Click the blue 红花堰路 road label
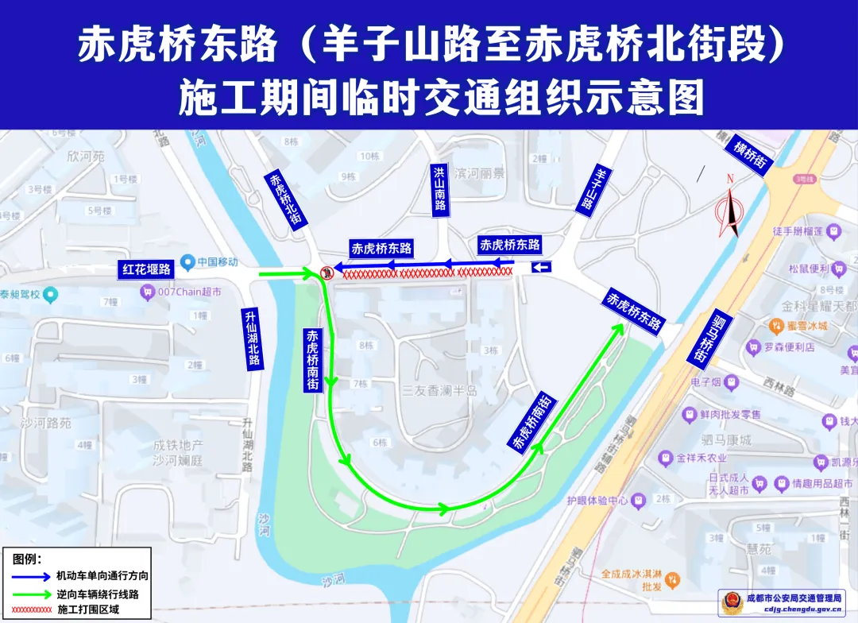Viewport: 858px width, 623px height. [x=146, y=269]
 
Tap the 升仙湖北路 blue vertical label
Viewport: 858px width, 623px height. [x=253, y=338]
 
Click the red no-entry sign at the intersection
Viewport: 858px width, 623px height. [x=326, y=274]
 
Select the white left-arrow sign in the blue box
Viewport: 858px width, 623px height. [x=542, y=267]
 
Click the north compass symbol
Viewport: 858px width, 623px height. [x=729, y=211]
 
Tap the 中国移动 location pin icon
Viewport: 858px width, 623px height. [x=187, y=261]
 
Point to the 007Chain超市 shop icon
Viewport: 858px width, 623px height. [x=147, y=292]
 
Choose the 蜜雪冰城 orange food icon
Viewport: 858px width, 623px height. [x=776, y=325]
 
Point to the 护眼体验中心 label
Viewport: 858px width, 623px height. [x=597, y=501]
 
